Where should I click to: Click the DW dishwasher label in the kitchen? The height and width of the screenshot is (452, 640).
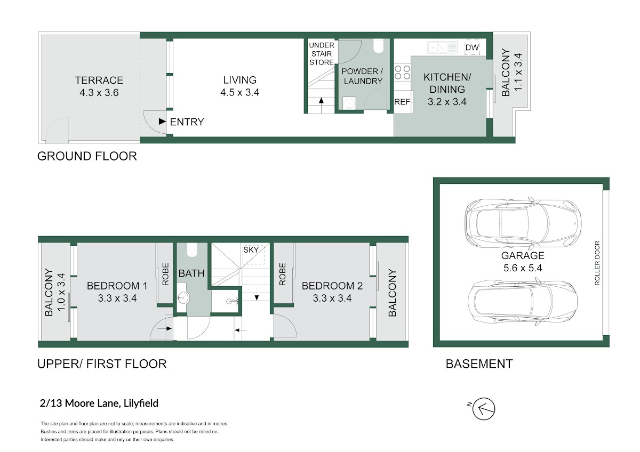pos(472,47)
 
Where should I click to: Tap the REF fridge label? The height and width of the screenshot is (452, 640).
pos(402,102)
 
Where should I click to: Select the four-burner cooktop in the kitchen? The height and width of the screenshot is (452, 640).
pos(402,72)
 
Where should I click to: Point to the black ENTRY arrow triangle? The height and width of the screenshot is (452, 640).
pos(162,122)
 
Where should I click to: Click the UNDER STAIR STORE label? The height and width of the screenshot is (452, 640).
pos(322,54)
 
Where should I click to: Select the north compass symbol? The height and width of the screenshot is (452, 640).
pos(483,409)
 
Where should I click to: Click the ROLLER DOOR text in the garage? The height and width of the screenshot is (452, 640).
pos(597,263)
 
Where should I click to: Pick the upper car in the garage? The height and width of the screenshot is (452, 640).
pos(523,223)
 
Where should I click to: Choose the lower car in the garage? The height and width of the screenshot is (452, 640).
pos(523,302)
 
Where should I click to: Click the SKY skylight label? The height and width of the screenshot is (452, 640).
pos(251,250)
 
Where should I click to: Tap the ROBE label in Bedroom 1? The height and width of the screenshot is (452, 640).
pos(165,274)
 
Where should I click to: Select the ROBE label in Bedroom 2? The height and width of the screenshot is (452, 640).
pos(282,274)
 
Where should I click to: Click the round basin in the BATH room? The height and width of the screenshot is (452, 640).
pos(183,298)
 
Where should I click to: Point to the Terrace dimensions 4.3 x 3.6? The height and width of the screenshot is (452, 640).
pos(99,93)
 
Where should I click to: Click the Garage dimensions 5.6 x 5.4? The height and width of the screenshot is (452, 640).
pos(523,268)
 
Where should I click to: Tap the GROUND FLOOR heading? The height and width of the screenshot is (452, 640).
pos(87,156)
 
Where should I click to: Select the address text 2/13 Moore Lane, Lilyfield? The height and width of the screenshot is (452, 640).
pos(99,403)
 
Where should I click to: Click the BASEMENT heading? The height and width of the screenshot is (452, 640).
pos(479,364)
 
